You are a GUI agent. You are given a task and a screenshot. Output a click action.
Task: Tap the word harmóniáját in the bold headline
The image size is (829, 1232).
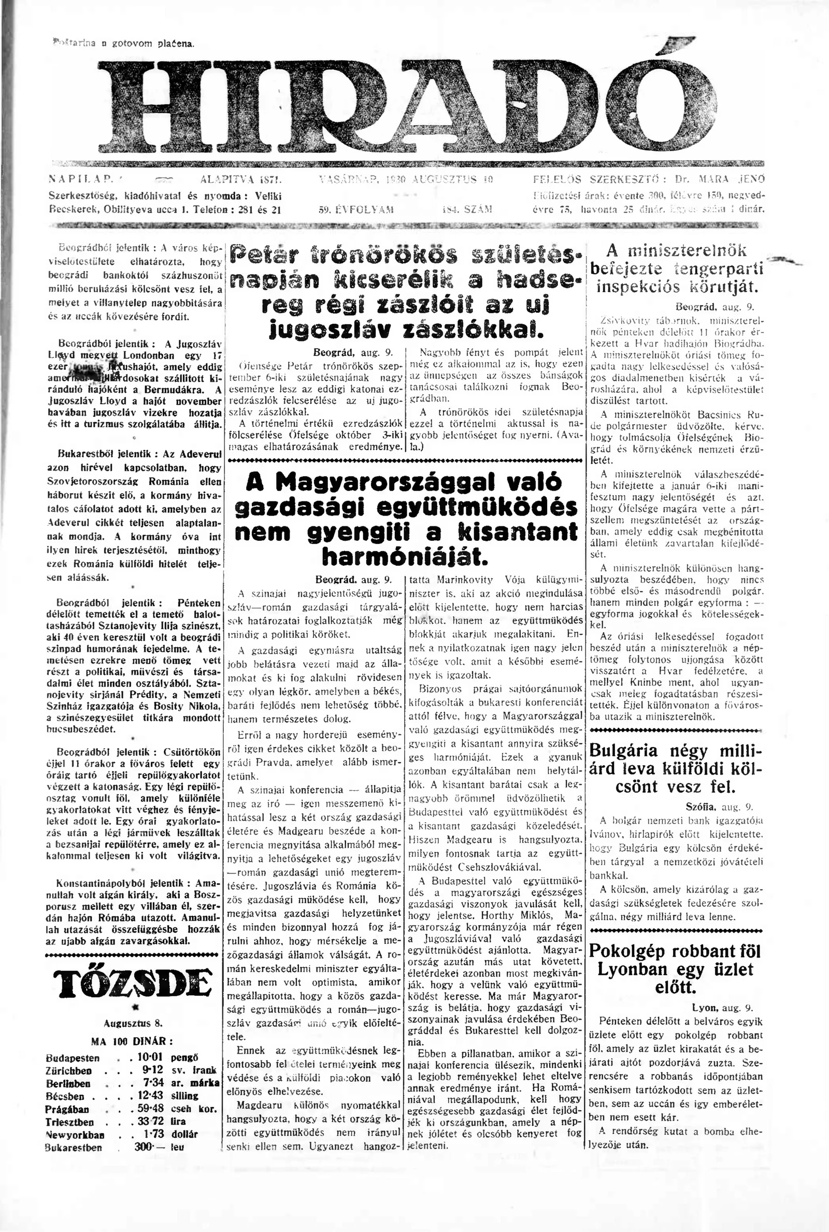[405, 556]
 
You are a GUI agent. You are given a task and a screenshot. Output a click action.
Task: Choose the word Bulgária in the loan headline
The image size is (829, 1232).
[623, 751]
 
